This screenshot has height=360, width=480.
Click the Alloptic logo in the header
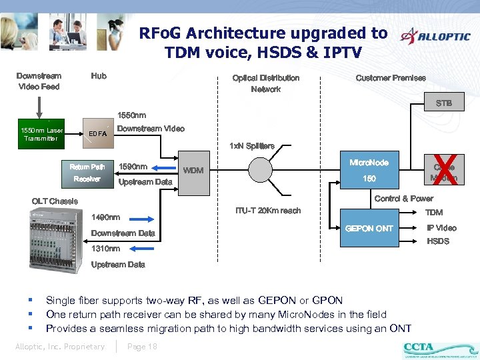pyautogui.click(x=434, y=37)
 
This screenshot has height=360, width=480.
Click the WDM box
pyautogui.click(x=193, y=171)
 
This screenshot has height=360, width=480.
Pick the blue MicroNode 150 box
pyautogui.click(x=369, y=171)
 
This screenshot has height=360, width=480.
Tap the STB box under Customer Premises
pyautogui.click(x=443, y=103)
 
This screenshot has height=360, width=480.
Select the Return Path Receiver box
pyautogui.click(x=87, y=173)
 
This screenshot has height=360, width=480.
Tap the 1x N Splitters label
pyautogui.click(x=251, y=145)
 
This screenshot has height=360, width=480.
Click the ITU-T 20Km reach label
pyautogui.click(x=267, y=211)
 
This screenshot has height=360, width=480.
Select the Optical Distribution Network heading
pyautogui.click(x=265, y=83)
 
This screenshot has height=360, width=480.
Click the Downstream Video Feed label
pyautogui.click(x=39, y=81)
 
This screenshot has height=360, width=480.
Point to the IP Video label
pyautogui.click(x=441, y=228)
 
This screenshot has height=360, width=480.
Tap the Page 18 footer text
pyautogui.click(x=142, y=346)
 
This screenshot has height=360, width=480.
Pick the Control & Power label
pyautogui.click(x=403, y=199)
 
